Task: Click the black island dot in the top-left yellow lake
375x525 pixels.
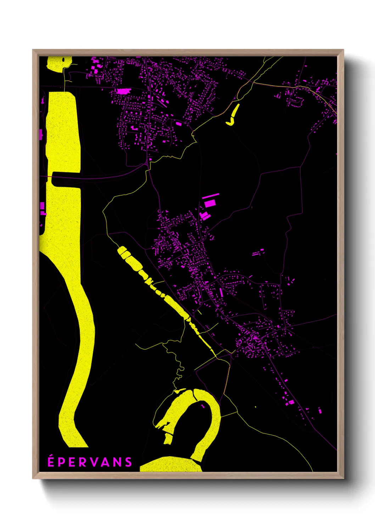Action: click(64, 60)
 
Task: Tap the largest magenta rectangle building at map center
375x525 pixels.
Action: click(210, 203)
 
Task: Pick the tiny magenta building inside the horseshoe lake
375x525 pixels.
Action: click(203, 406)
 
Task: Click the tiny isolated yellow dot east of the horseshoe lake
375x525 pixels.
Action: click(255, 407)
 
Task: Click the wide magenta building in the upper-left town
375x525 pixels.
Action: click(122, 91)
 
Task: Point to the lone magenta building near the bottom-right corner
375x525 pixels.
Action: click(320, 411)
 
